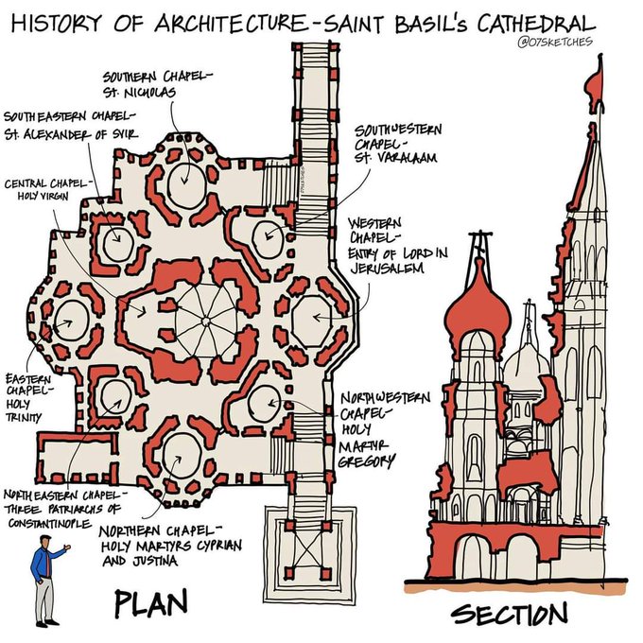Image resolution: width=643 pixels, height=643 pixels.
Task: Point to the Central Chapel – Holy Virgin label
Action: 47,188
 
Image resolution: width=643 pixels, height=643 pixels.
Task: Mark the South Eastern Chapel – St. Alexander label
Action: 71,125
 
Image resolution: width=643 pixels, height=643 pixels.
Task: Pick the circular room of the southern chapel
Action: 186,182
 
